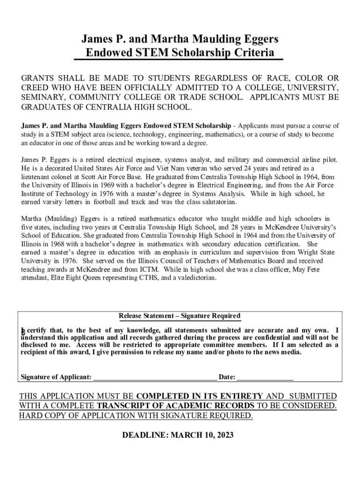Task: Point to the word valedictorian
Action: click(x=192, y=277)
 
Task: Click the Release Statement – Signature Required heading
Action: click(x=180, y=316)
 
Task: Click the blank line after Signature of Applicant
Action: click(x=155, y=377)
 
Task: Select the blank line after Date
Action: click(x=265, y=377)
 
